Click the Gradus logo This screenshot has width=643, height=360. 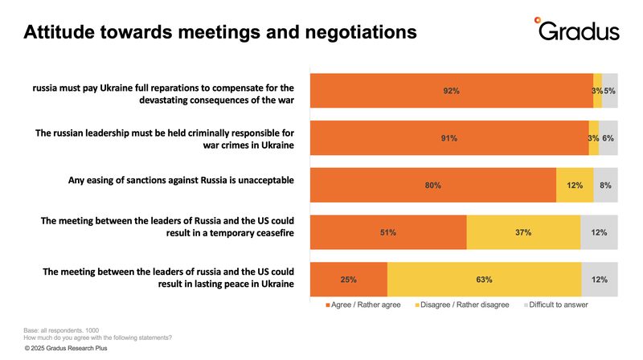tap(577, 31)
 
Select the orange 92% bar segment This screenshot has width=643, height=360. tap(451, 91)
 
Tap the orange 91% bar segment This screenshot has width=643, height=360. tap(449, 138)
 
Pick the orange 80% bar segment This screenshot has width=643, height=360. tap(433, 186)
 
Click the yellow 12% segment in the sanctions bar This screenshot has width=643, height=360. tap(575, 186)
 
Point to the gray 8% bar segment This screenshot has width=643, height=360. tap(605, 186)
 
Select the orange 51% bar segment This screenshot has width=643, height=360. tap(388, 233)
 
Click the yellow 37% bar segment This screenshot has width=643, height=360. tap(523, 233)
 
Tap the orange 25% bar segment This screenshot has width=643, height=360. tap(349, 280)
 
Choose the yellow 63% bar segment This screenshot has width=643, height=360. tap(484, 280)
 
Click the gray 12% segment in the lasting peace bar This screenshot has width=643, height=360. tap(599, 280)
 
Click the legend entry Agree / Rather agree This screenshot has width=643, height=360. tap(365, 305)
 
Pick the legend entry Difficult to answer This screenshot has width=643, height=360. tap(555, 305)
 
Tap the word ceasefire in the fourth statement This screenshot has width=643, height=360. tap(268, 233)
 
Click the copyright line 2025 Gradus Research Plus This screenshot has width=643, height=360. tap(66, 350)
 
